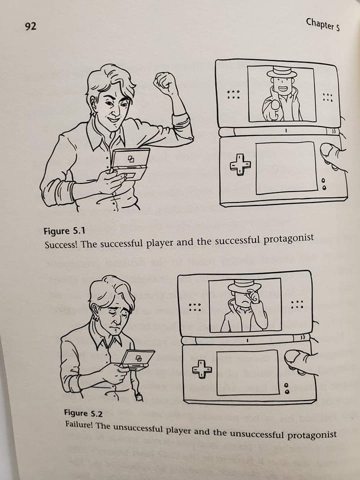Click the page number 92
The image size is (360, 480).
point(30,26)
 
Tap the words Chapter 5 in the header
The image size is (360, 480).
point(322,24)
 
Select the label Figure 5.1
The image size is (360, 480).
point(64,231)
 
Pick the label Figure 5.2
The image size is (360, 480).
point(83,413)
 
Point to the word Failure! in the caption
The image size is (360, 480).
point(79,425)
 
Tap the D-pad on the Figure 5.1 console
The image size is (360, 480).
point(240,164)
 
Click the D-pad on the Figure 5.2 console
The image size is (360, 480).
point(201,368)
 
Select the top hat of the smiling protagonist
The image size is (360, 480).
point(281,72)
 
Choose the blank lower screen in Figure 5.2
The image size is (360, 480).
point(247,372)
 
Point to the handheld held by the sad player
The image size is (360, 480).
point(138,359)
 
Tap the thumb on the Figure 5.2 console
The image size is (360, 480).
point(295,360)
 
